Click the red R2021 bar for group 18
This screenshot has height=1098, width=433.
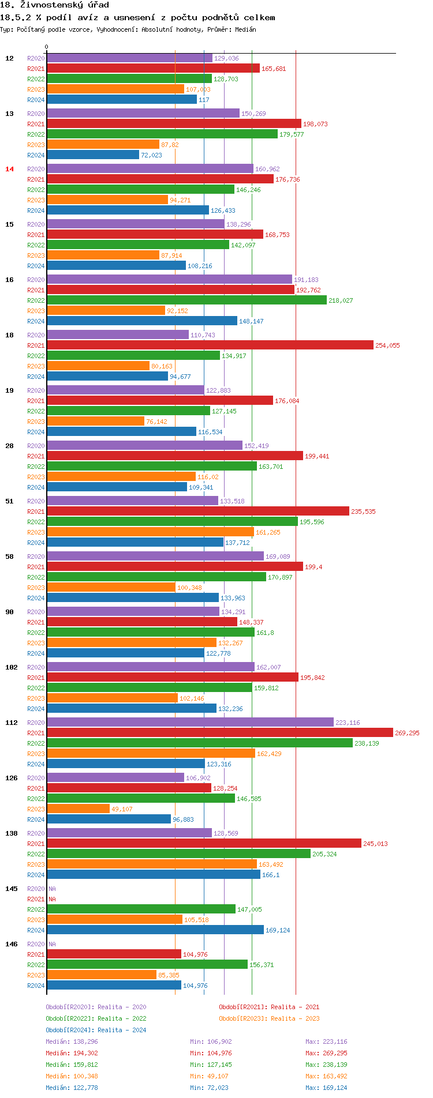(210, 345)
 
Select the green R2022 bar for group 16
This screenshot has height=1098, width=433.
(186, 300)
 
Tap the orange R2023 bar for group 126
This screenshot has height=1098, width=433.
(78, 809)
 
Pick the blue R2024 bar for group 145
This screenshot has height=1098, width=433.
(155, 930)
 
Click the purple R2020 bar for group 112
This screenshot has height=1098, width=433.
(190, 722)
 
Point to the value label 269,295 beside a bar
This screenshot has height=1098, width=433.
(407, 733)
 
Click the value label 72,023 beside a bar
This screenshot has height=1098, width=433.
(151, 155)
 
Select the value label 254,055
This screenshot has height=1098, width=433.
(387, 345)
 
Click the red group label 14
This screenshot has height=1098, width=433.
(9, 169)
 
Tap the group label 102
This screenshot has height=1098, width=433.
(12, 667)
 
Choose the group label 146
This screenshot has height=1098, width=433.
(12, 944)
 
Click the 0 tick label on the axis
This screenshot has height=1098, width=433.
(47, 47)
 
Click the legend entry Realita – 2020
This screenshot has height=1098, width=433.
(96, 1007)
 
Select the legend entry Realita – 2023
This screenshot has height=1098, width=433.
(269, 1018)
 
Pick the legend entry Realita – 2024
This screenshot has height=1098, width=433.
(96, 1030)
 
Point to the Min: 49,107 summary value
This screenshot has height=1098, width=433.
(211, 1076)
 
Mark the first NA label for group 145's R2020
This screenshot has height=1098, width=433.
(52, 889)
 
